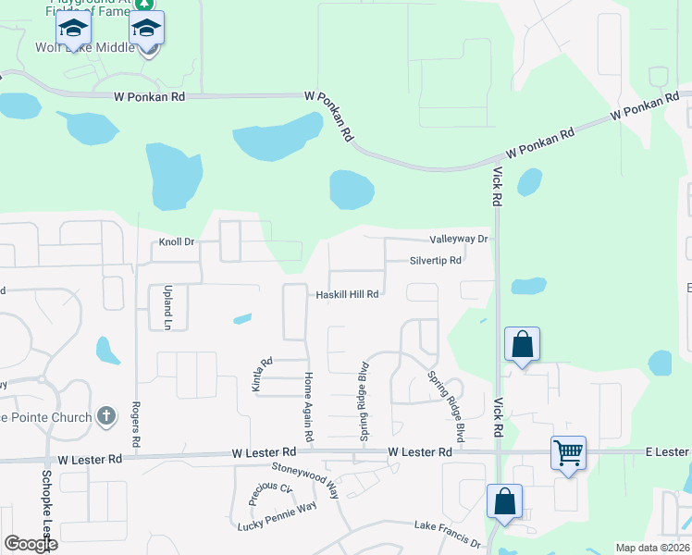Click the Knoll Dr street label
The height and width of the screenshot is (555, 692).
click(176, 242)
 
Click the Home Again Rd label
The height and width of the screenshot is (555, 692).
click(309, 407)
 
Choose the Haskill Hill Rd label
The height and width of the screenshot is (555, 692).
click(348, 294)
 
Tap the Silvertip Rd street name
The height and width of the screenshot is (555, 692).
click(435, 261)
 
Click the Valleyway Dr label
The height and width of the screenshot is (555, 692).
click(458, 239)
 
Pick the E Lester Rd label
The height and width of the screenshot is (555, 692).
click(666, 451)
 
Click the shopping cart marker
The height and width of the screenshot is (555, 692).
click(568, 453)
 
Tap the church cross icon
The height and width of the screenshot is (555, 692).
click(107, 416)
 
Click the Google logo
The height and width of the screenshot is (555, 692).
click(30, 544)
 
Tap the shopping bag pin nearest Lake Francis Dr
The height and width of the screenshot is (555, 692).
click(504, 502)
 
